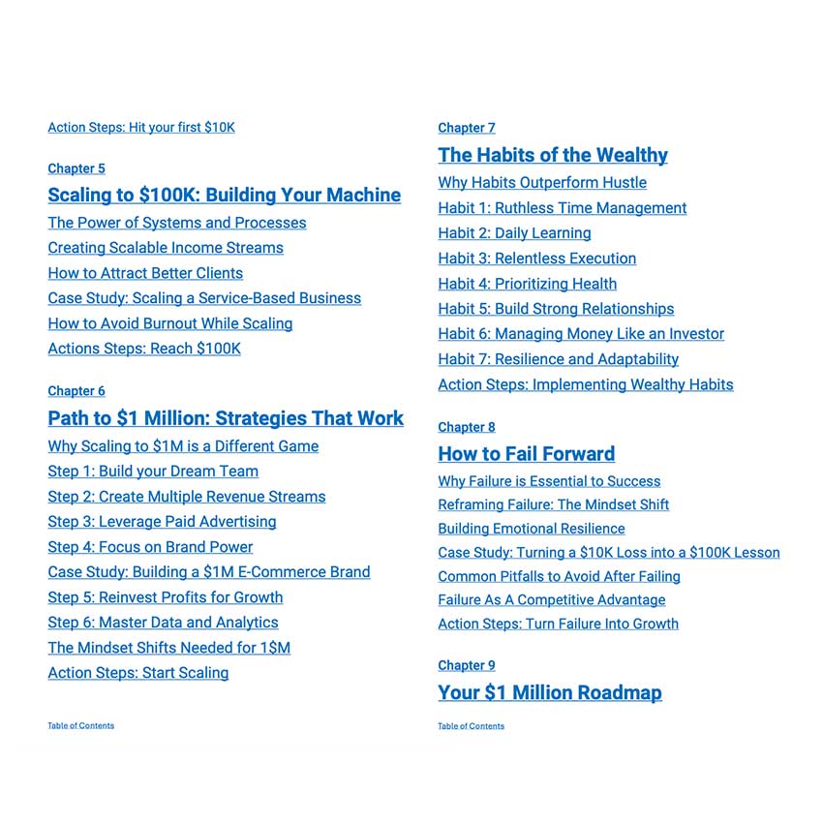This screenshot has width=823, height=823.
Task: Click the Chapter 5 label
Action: (76, 168)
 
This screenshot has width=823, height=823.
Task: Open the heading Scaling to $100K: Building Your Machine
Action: (224, 195)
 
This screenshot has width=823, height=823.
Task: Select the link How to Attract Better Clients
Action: (145, 273)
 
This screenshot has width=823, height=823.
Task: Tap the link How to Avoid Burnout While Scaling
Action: (169, 323)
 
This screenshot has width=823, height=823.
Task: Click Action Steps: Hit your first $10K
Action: (141, 127)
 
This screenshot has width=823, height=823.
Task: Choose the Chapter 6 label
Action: (76, 391)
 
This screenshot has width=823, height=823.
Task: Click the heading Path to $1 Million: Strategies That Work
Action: (226, 418)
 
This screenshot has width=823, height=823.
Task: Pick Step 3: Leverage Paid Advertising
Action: (162, 522)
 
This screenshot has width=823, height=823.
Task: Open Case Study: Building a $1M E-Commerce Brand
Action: (209, 572)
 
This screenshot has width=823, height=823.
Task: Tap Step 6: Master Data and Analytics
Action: (163, 623)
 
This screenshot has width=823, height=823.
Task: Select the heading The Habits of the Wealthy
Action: (553, 155)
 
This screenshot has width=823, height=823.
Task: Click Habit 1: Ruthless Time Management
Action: (562, 208)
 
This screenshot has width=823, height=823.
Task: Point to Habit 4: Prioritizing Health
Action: (527, 284)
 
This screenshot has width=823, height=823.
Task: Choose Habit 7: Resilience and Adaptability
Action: (558, 359)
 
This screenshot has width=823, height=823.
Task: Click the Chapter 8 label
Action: (467, 427)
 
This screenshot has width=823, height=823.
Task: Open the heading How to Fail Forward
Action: (526, 454)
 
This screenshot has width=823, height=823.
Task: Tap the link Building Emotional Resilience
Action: (531, 529)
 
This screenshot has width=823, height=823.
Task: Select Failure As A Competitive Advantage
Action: (538, 600)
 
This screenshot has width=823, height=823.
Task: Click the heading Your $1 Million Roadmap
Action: (550, 692)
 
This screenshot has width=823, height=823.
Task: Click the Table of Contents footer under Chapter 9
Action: (471, 726)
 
